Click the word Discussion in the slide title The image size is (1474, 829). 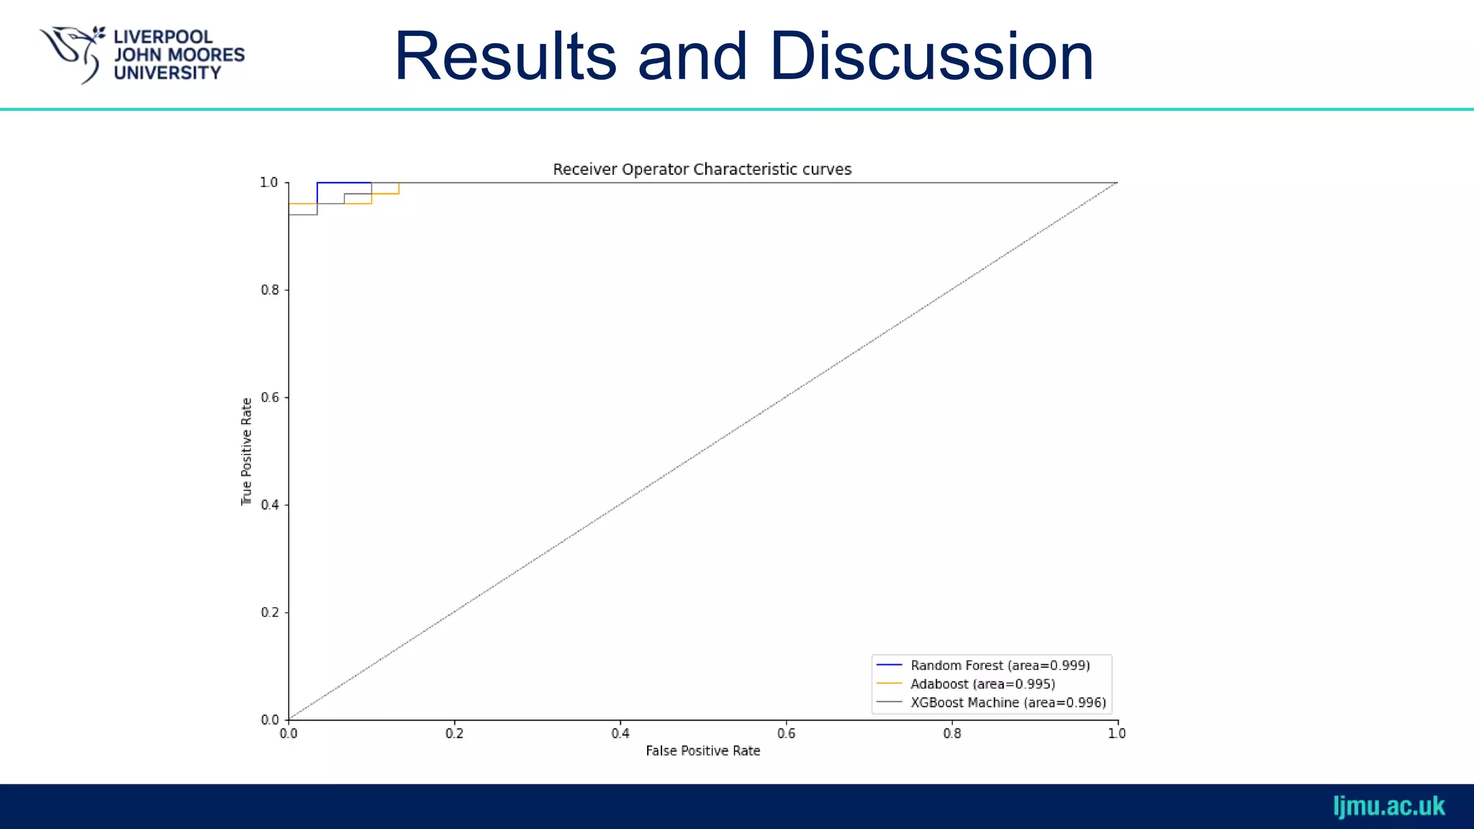tap(931, 57)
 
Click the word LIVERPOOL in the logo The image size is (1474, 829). tap(163, 37)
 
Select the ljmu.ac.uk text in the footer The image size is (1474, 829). tap(1388, 806)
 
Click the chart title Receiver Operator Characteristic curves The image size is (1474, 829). tap(702, 169)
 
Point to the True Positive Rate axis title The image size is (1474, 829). tap(246, 451)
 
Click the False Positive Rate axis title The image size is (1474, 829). tap(702, 751)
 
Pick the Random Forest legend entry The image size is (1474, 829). tap(1000, 666)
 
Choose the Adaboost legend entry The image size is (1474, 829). tap(982, 684)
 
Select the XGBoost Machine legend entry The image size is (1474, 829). tap(1008, 702)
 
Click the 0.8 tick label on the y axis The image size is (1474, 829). tap(270, 290)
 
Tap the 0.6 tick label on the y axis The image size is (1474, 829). tap(270, 397)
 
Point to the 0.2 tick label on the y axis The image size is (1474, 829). tap(270, 612)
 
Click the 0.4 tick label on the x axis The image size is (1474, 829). tap(620, 733)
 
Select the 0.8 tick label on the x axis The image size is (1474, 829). tap(952, 733)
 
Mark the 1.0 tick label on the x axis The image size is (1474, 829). tap(1117, 733)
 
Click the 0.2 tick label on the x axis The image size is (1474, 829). tap(454, 733)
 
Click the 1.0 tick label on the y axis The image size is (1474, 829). tap(269, 183)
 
